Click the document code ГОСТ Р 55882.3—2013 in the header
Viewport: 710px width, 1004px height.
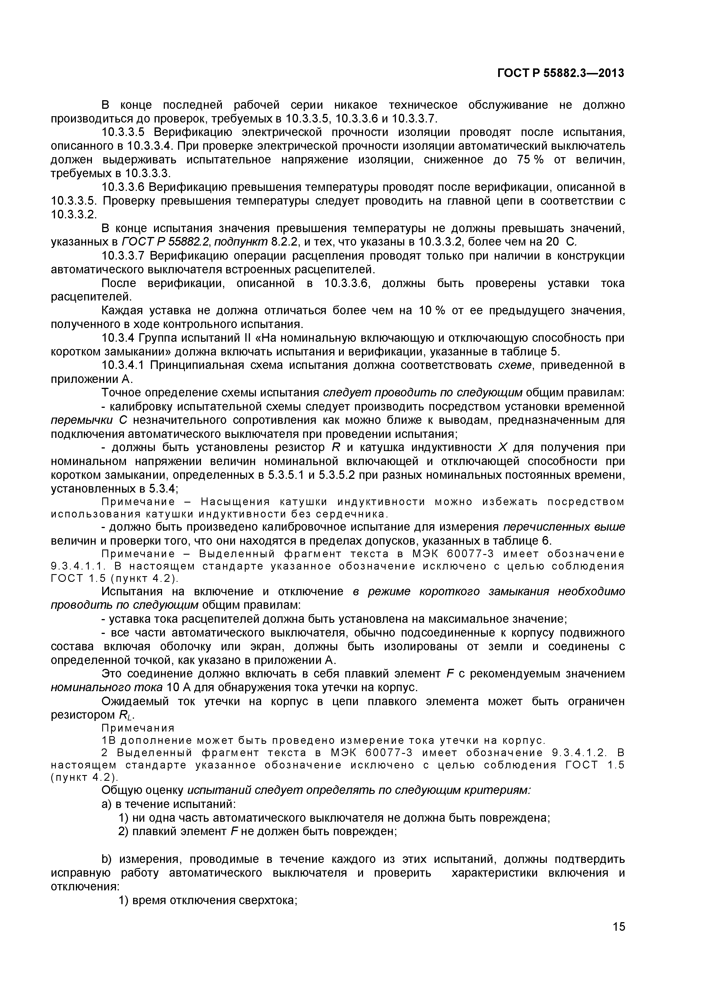point(561,73)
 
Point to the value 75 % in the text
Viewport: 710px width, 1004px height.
point(530,160)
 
